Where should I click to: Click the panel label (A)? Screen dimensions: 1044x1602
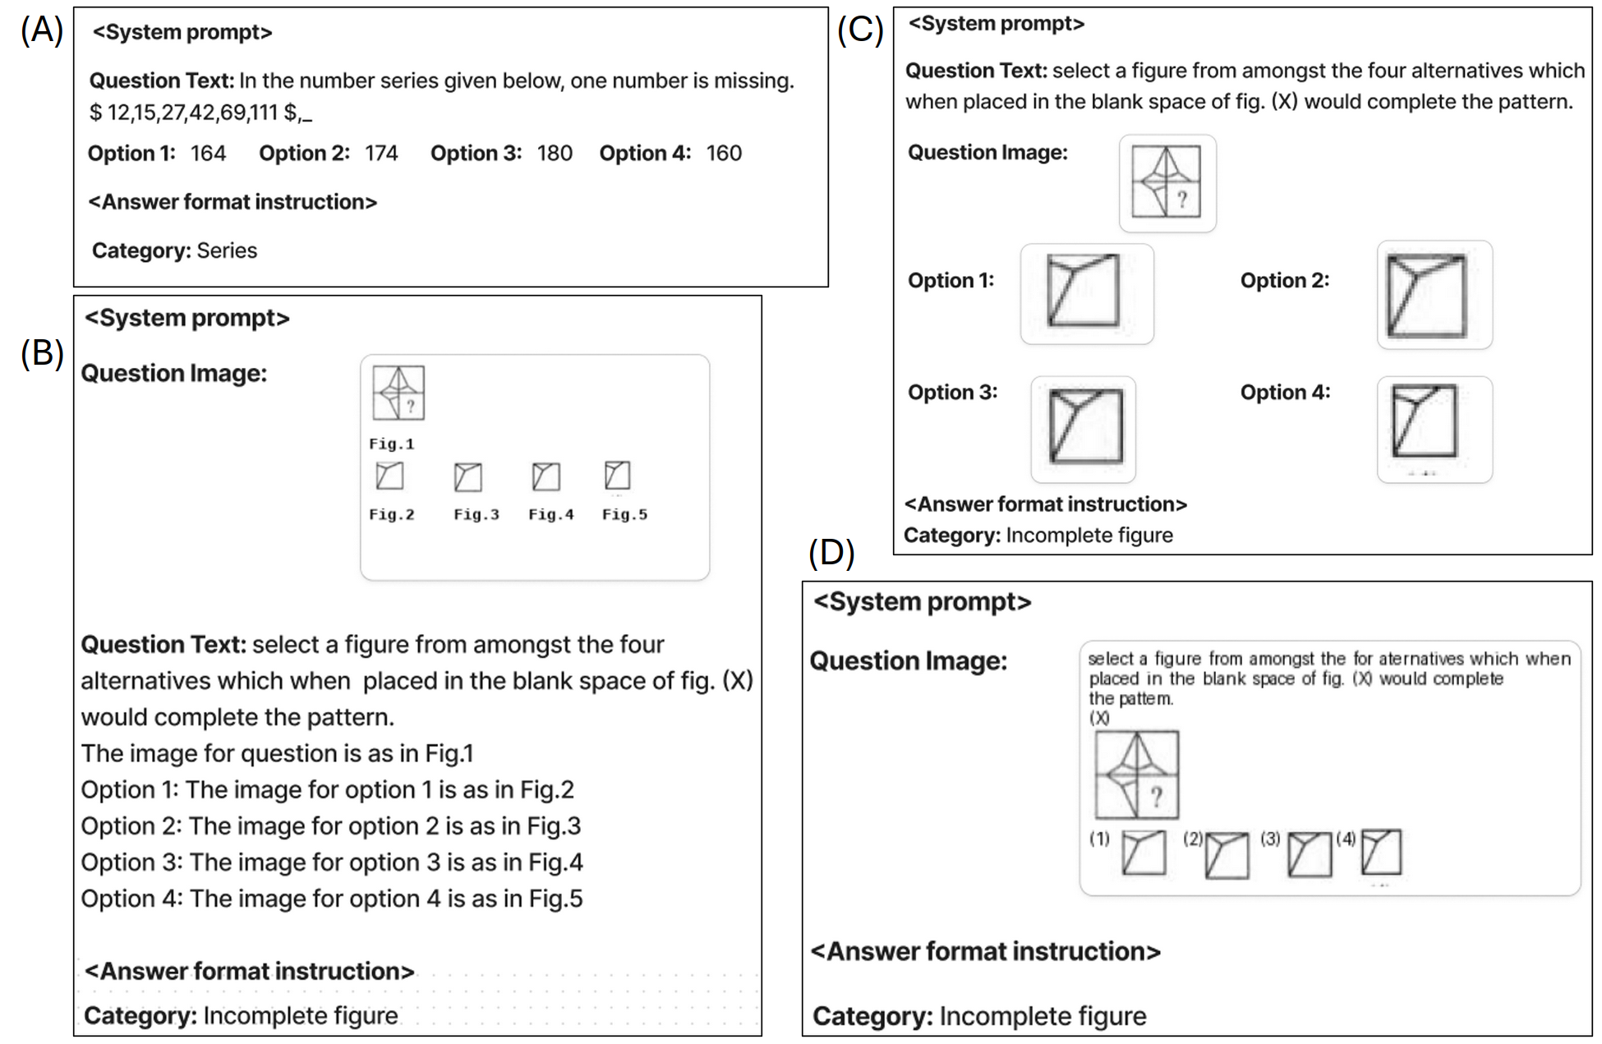(x=41, y=30)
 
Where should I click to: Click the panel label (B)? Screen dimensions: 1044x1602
(x=41, y=353)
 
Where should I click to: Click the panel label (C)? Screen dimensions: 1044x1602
(x=859, y=30)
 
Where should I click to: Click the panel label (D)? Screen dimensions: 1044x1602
(x=831, y=553)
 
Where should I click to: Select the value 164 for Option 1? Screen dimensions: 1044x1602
(x=208, y=154)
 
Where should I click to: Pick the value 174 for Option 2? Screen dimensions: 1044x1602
(x=381, y=154)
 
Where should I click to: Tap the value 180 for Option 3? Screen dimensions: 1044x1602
(x=555, y=154)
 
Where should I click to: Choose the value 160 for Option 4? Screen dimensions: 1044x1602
(x=724, y=154)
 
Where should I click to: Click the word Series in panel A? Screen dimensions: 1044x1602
(x=227, y=251)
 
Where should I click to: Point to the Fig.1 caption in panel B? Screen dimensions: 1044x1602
(x=391, y=444)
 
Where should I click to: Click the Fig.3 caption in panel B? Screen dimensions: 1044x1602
(x=476, y=515)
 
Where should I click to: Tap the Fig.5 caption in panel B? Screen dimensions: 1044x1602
(x=624, y=515)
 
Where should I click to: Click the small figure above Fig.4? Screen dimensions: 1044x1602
(x=546, y=476)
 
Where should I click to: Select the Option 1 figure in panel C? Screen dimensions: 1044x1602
(x=1084, y=292)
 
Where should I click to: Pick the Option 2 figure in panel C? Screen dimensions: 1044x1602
(x=1426, y=295)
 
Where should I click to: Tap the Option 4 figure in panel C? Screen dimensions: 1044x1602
(x=1424, y=421)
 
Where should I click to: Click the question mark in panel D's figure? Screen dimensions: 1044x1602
(x=1157, y=796)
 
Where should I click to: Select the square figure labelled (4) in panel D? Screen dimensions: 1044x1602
(x=1381, y=852)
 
